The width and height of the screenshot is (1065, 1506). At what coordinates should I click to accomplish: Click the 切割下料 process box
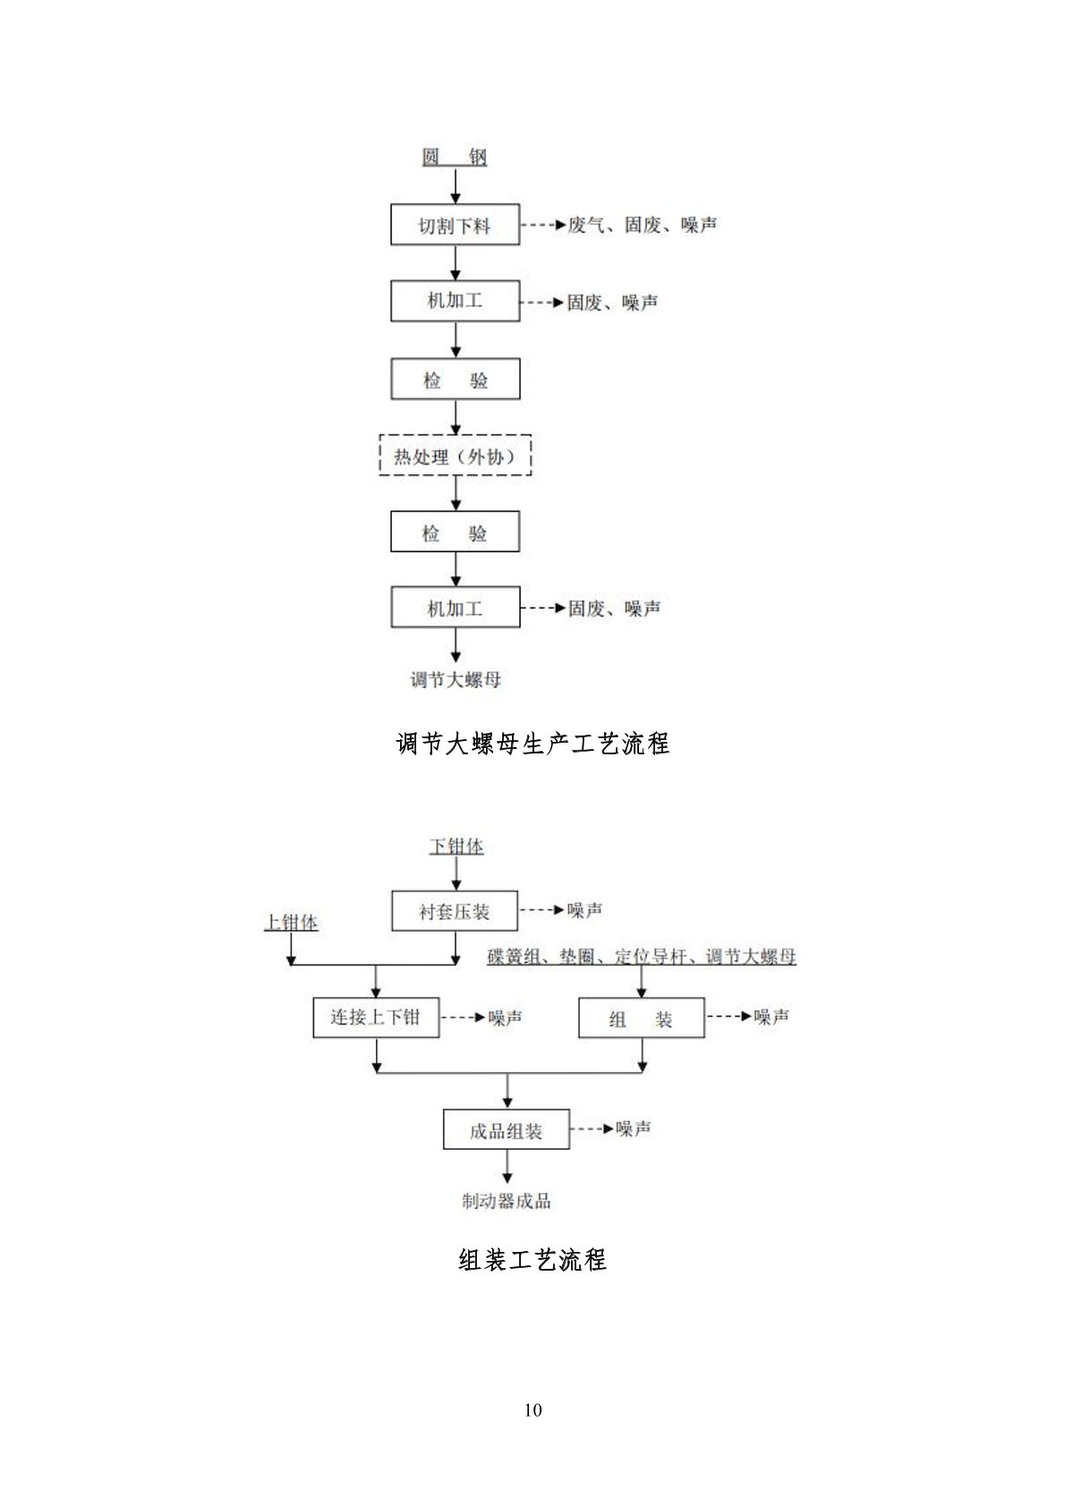[x=456, y=225]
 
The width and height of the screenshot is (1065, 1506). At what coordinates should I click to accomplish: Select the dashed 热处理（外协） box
[x=456, y=455]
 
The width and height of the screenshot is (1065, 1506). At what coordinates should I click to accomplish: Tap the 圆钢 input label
[x=455, y=157]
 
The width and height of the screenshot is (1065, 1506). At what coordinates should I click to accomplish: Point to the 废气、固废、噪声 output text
[x=642, y=225]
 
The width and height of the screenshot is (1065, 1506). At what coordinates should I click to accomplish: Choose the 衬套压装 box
[x=455, y=911]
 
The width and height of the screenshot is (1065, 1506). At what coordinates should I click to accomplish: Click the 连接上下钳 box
[x=376, y=1017]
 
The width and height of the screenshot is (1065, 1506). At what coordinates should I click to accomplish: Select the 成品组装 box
[x=507, y=1128]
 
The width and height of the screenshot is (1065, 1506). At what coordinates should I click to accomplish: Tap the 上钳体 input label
[x=291, y=922]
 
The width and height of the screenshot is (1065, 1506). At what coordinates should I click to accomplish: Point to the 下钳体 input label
[x=456, y=846]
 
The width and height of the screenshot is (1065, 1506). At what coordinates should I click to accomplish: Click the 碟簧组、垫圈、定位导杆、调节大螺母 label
[x=642, y=956]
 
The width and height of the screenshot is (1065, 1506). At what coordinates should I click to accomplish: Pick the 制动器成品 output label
[x=507, y=1201]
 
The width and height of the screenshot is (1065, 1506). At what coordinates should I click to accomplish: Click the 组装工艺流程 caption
[x=532, y=1259]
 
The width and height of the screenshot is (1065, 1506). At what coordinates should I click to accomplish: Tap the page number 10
[x=532, y=1410]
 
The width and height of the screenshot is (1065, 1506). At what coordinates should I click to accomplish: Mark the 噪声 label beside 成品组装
[x=634, y=1128]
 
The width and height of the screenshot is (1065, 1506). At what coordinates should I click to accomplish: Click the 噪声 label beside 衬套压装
[x=585, y=910]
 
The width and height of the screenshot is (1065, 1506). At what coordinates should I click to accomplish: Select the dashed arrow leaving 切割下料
[x=543, y=225]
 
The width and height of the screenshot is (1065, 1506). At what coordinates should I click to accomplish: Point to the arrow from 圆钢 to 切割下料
[x=456, y=186]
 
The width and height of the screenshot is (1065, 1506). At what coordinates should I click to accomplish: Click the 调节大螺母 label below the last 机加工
[x=456, y=680]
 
